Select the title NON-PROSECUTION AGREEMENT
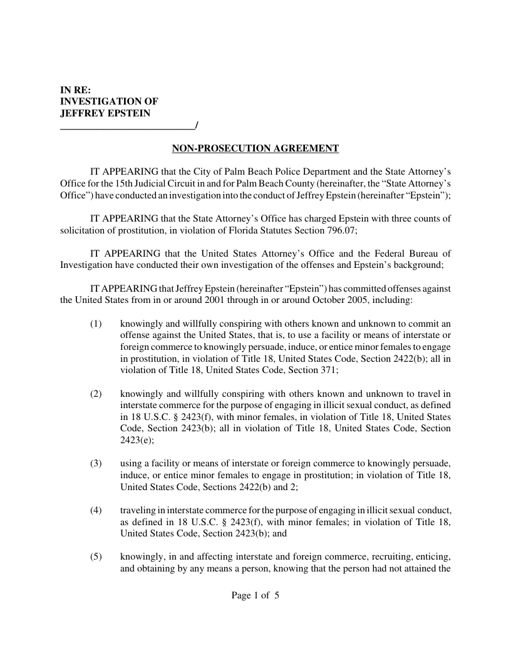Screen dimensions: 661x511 pyautogui.click(x=255, y=148)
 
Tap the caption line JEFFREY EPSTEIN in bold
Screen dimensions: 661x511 pyautogui.click(x=105, y=113)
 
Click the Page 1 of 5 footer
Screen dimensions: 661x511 pyautogui.click(x=255, y=595)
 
